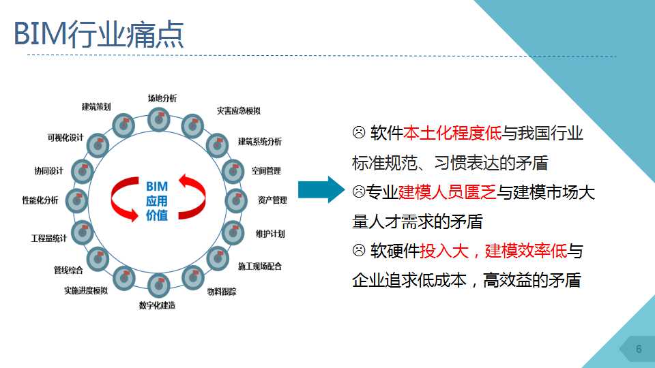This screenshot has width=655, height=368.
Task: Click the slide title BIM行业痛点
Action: (98, 33)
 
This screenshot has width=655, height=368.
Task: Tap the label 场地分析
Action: (162, 98)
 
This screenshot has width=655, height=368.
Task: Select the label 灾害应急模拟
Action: (239, 110)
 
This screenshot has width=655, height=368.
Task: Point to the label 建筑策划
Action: (96, 107)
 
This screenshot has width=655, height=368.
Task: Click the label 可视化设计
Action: (65, 138)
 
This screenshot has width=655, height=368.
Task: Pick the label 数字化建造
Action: (157, 305)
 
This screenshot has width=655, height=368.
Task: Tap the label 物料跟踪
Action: (222, 292)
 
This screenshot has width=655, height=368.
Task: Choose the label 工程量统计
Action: (49, 239)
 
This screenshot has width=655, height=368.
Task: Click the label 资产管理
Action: (272, 200)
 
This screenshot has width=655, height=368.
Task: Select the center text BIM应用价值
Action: (157, 200)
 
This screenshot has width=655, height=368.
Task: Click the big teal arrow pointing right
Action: (321, 189)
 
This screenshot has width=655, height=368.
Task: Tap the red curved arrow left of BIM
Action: (125, 199)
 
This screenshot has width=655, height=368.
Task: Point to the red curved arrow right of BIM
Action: (192, 197)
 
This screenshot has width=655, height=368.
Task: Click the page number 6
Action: (639, 349)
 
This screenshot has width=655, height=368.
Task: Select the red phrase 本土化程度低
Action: (452, 133)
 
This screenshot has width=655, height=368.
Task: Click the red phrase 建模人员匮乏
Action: (447, 192)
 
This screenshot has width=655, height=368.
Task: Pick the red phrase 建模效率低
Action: (526, 251)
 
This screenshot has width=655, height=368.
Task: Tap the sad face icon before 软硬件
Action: (359, 250)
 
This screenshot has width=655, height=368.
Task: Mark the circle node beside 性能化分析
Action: (77, 200)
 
